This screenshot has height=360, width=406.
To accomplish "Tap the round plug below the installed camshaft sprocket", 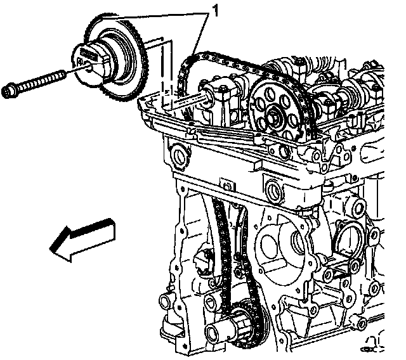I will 275,188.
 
